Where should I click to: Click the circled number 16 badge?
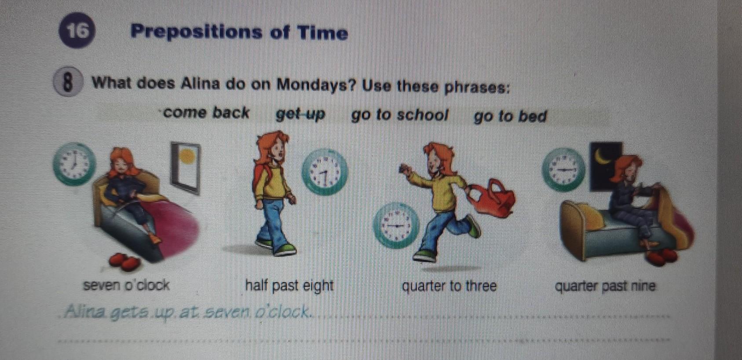point(77,31)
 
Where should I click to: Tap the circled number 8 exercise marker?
point(67,82)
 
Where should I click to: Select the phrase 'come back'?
point(206,113)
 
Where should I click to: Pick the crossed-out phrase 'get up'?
point(300,115)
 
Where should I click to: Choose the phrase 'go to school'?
point(399,115)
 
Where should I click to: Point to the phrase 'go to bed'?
point(510,117)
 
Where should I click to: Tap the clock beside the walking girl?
point(325,172)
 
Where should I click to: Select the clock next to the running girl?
point(396,225)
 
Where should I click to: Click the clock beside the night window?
point(563,169)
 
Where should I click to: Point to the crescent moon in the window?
point(602,156)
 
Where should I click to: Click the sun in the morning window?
point(187,156)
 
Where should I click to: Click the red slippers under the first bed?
point(124,262)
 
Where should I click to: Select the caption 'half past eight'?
point(289,286)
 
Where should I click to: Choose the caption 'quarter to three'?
point(450,286)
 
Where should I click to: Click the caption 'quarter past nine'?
point(605,286)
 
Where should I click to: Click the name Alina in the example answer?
point(86,311)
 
